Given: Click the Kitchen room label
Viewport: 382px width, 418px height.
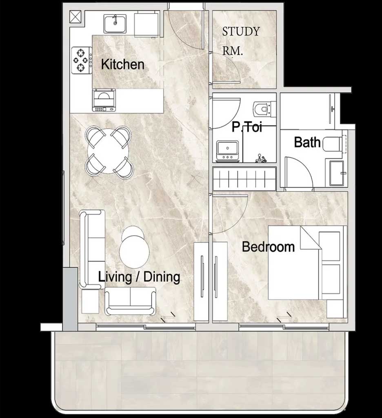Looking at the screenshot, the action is click(122, 64).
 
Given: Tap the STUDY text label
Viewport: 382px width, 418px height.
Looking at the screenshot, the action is click(241, 31).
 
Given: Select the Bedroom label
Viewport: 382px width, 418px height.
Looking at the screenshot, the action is click(268, 247).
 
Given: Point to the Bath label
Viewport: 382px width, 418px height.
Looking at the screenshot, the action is click(307, 142).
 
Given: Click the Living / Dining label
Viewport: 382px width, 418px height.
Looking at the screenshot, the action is click(139, 277).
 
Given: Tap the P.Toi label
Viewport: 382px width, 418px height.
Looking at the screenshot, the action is click(247, 127).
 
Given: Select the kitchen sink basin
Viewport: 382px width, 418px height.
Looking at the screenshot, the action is click(115, 24).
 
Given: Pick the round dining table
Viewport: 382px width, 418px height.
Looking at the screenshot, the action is click(109, 153).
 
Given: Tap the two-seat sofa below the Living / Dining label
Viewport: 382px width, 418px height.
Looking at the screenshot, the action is click(130, 301).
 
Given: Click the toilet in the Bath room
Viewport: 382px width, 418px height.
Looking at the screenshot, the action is click(333, 144).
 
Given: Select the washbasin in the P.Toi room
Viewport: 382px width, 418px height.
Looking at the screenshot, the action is click(227, 151).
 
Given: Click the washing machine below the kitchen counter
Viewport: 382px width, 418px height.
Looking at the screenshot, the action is click(104, 100).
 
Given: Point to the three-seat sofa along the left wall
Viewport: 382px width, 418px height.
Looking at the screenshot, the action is click(92, 249).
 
